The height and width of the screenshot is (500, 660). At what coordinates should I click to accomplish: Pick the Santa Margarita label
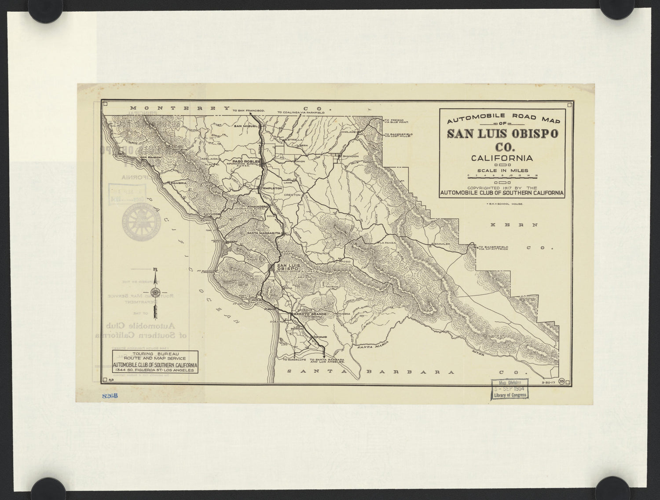(264, 232)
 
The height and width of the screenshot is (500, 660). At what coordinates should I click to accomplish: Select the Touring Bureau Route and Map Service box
(154, 362)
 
